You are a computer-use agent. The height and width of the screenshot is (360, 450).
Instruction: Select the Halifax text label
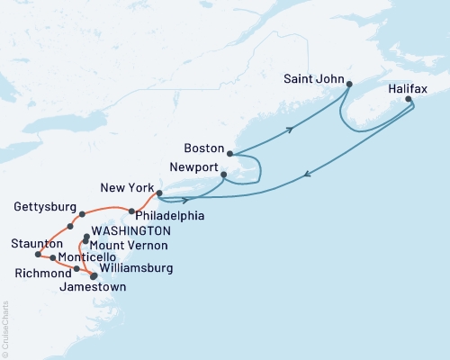[409, 90]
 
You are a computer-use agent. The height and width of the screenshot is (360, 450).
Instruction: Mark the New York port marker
[158, 193]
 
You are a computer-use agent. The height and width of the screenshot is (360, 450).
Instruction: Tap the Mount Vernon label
[126, 245]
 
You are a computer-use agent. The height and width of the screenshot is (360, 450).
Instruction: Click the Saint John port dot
[348, 85]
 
